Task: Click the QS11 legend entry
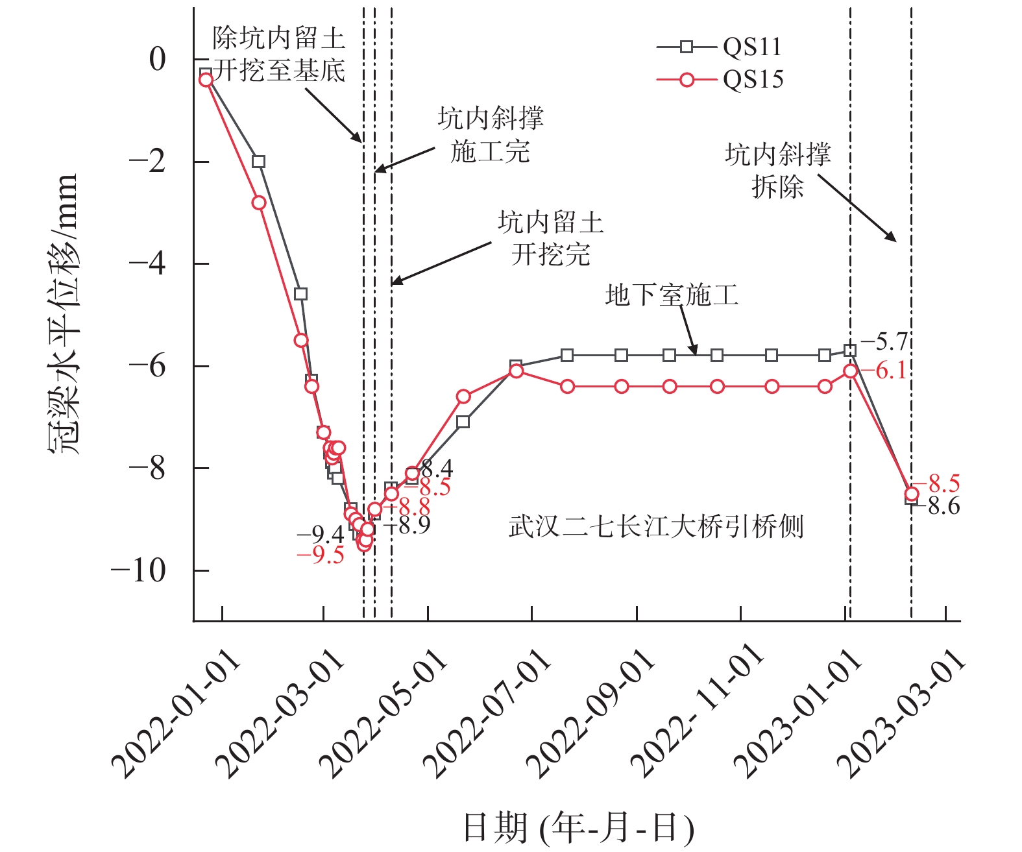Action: coord(720,47)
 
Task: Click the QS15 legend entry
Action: coord(720,79)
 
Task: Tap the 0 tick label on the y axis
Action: coord(157,60)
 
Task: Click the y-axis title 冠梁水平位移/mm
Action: coord(64,314)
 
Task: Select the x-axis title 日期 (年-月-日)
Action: coord(578,828)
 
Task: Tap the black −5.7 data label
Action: coord(883,341)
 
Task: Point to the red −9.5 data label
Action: coord(320,555)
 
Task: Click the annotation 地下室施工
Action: coord(672,295)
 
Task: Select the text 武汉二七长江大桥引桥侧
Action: coord(656,526)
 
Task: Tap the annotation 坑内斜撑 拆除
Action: coord(778,171)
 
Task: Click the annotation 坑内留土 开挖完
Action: coord(551,238)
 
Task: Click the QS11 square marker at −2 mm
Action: coord(259,162)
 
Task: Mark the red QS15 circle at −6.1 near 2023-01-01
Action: coord(851,371)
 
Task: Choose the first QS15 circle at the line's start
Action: coord(206,80)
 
